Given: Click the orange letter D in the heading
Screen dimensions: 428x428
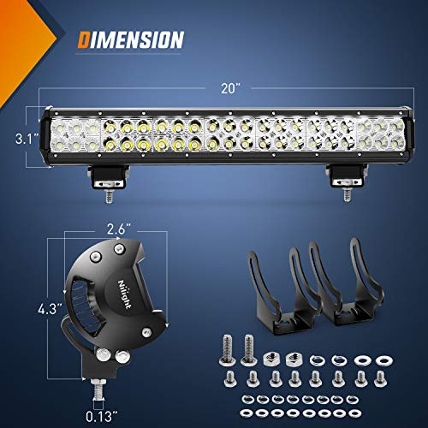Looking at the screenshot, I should click(84, 39).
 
